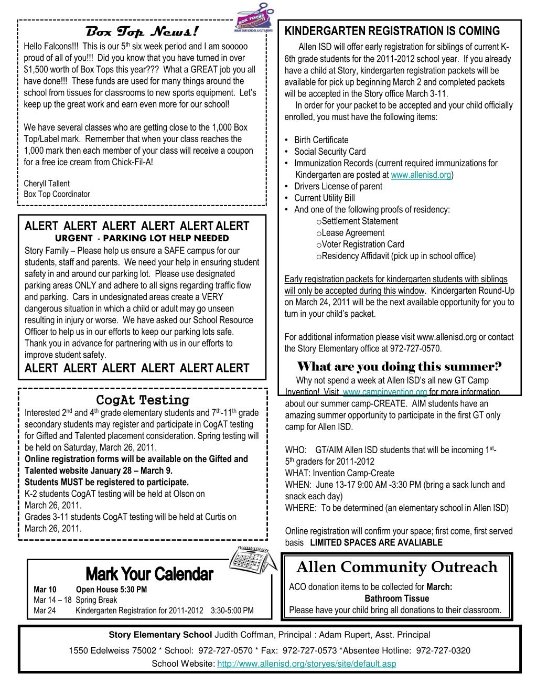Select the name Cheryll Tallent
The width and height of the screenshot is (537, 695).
click(x=47, y=184)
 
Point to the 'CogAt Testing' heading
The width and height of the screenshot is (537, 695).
click(x=143, y=400)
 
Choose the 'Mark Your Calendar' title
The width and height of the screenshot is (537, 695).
click(x=149, y=573)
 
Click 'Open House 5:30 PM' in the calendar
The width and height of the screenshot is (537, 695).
click(x=111, y=590)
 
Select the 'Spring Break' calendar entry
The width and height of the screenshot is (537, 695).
click(x=96, y=600)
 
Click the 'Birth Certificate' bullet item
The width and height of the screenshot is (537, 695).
click(x=321, y=140)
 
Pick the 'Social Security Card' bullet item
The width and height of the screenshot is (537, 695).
click(x=330, y=152)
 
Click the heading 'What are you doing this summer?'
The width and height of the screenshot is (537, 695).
click(x=400, y=366)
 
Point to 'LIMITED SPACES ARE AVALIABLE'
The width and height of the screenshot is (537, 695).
click(x=376, y=542)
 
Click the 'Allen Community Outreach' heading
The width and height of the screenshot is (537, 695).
click(x=396, y=567)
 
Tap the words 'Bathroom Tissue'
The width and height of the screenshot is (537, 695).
click(x=397, y=598)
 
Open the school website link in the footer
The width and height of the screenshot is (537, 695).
click(x=306, y=664)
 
